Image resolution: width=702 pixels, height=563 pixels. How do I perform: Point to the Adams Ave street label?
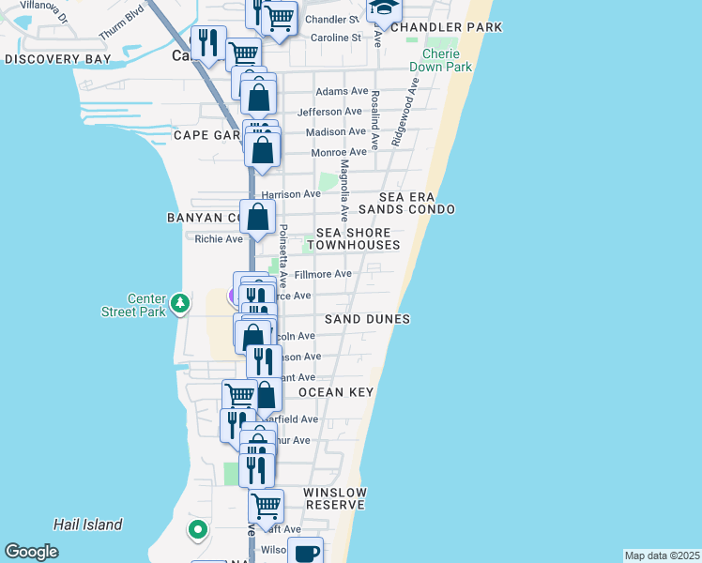(342, 91)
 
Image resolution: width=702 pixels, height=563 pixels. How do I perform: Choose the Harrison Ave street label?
(290, 194)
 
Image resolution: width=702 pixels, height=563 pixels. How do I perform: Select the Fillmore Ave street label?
(322, 274)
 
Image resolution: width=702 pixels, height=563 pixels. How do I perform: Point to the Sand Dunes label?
(367, 319)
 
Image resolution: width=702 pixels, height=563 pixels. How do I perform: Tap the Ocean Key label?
(336, 392)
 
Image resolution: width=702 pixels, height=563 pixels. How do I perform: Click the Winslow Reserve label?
(334, 498)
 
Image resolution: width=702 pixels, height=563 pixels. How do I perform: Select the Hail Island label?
(88, 525)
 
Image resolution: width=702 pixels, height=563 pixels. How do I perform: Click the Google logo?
(32, 552)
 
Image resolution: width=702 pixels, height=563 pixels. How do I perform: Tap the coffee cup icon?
(305, 552)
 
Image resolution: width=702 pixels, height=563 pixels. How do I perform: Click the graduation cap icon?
(383, 8)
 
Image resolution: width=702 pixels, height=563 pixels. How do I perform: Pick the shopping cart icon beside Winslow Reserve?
(266, 506)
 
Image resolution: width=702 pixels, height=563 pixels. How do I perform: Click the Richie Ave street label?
(218, 239)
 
